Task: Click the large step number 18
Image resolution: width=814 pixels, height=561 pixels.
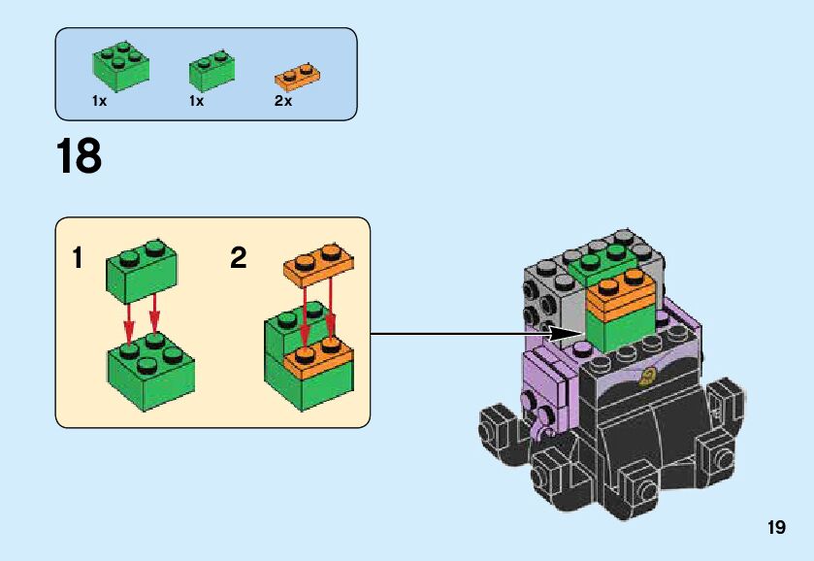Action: pos(80,156)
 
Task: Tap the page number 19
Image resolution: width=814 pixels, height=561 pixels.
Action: pos(775,528)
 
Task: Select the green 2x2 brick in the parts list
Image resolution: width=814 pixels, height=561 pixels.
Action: pos(120,65)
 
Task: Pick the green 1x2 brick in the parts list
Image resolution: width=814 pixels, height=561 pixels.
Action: pos(213,70)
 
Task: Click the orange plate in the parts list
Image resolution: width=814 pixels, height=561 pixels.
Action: pos(298,74)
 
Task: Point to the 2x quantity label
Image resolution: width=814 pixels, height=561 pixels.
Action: pos(283,101)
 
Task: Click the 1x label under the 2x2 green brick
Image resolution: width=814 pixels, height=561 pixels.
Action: pos(100,101)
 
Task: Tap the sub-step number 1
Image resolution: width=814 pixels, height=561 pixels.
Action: pos(78,258)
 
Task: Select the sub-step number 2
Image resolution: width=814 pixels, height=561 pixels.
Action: pos(239,258)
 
